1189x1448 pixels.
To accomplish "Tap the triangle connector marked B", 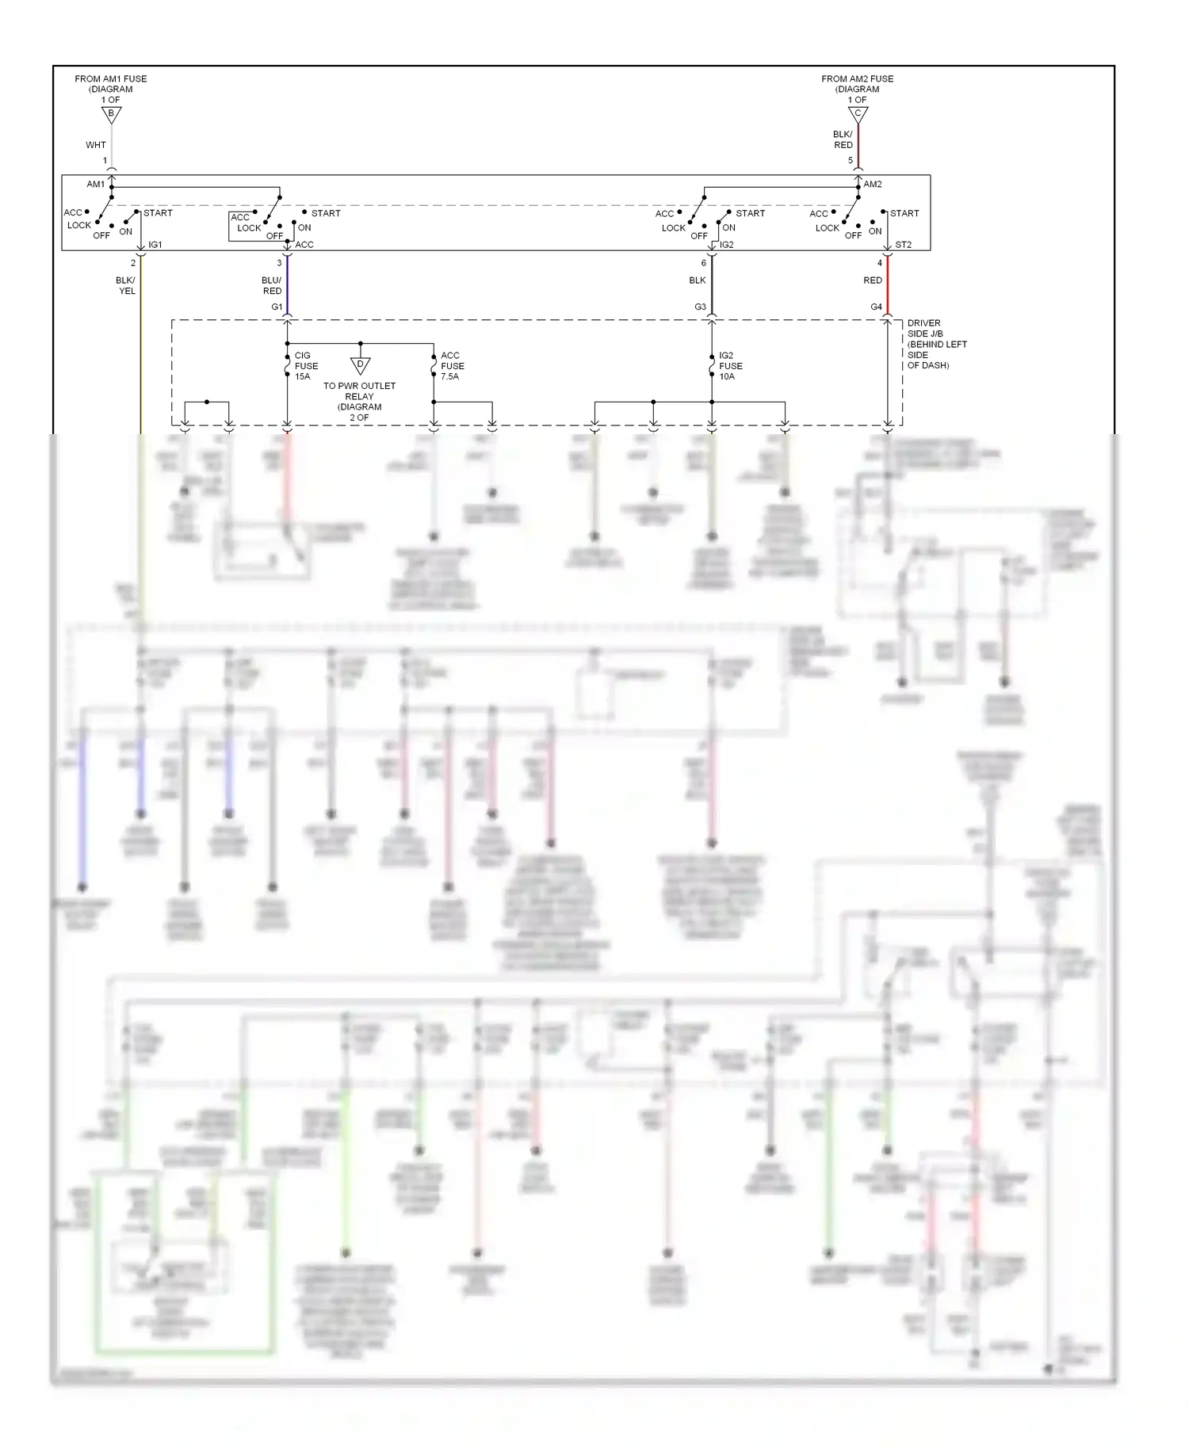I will (111, 114).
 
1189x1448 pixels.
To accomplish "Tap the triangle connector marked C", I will (858, 114).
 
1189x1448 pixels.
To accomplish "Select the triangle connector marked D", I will (360, 365).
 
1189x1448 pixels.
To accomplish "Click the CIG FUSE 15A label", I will (306, 366).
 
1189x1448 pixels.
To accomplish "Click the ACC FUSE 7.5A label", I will (452, 366).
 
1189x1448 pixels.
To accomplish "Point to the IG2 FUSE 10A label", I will (730, 366).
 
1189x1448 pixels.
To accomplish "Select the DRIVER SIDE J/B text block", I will (936, 344).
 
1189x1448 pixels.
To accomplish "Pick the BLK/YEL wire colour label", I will (126, 285).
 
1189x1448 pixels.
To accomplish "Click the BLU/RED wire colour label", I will (272, 285).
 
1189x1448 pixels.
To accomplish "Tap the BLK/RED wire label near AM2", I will (843, 139).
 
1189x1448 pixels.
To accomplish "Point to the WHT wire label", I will (96, 145).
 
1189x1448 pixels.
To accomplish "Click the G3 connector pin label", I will (700, 307).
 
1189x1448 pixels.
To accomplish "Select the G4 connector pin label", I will (876, 307).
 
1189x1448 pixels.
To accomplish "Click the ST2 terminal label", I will (903, 245).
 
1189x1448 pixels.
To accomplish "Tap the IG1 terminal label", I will (155, 245).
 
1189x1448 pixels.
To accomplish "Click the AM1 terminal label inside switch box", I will (95, 185).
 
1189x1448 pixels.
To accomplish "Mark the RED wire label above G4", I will (872, 280).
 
